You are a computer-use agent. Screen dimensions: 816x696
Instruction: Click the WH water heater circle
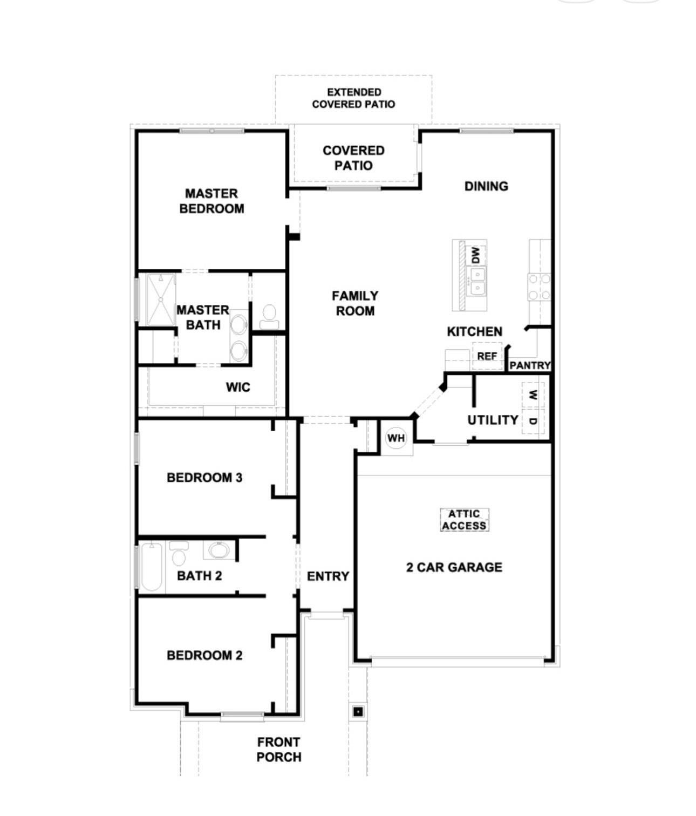click(x=396, y=438)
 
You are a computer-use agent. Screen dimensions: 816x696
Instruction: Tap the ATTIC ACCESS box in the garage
click(x=464, y=520)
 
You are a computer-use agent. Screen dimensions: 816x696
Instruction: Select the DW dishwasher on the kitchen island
click(x=475, y=255)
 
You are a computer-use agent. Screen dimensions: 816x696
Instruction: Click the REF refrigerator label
click(x=487, y=356)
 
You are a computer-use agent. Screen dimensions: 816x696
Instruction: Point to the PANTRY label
click(x=530, y=365)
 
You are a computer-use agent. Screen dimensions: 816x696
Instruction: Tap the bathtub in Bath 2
click(x=152, y=567)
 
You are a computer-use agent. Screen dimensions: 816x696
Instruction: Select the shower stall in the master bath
click(x=161, y=300)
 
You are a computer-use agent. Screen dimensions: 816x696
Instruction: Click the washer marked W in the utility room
click(x=533, y=395)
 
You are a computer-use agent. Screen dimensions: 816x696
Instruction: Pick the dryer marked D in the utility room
click(x=533, y=421)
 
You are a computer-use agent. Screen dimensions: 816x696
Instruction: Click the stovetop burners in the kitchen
click(x=539, y=287)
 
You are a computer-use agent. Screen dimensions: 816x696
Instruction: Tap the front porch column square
click(x=358, y=712)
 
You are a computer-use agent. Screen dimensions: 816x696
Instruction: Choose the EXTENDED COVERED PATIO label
click(x=353, y=98)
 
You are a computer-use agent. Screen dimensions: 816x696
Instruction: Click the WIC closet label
click(x=238, y=387)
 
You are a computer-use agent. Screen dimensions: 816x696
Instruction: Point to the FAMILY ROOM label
click(x=355, y=303)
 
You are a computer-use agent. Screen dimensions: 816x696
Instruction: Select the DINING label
click(x=486, y=186)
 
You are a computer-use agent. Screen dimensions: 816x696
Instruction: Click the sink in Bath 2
click(x=219, y=550)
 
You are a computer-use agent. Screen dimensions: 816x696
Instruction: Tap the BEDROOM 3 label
click(x=204, y=478)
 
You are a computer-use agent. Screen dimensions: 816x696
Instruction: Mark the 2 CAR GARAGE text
click(x=454, y=567)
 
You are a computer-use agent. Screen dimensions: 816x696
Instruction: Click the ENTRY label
click(x=327, y=576)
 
